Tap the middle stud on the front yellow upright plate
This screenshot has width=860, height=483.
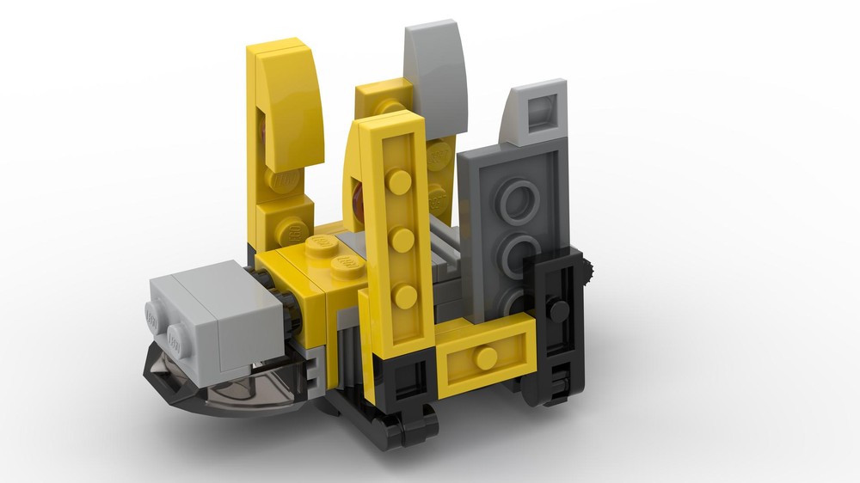coord(402,239)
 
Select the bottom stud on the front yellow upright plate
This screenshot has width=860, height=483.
coord(406,296)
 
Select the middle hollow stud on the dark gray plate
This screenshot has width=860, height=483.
coord(521,254)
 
